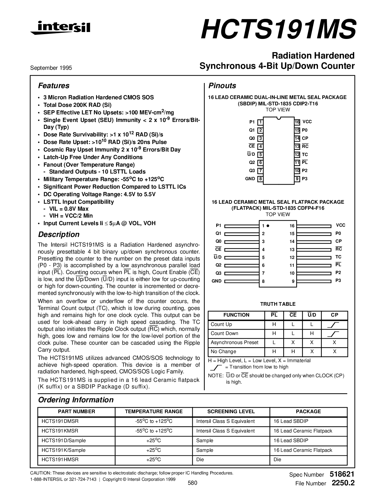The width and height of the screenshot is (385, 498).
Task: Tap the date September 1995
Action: pos(51,68)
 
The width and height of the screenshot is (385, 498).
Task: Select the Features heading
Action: pos(54,86)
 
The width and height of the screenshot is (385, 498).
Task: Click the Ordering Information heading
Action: pos(76,400)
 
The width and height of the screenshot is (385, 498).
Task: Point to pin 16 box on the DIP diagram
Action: pos(297,122)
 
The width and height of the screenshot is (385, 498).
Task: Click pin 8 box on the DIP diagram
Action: pos(260,179)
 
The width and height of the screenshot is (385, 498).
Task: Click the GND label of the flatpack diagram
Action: pos(217,281)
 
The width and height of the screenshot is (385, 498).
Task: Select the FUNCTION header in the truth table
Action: pos(236,315)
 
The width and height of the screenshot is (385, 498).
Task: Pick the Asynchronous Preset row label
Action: pos(235,343)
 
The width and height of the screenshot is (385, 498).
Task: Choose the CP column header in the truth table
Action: pos(335,315)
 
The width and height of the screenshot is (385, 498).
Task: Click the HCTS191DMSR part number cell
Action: pos(60,421)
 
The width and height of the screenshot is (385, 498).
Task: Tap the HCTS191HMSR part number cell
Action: pos(60,460)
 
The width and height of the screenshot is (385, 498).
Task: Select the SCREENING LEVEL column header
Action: pos(231,412)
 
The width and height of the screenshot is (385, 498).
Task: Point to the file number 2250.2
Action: pos(343,483)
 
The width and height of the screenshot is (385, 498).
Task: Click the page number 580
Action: pos(192,483)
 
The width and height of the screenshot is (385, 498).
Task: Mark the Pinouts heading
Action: pos(222,86)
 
